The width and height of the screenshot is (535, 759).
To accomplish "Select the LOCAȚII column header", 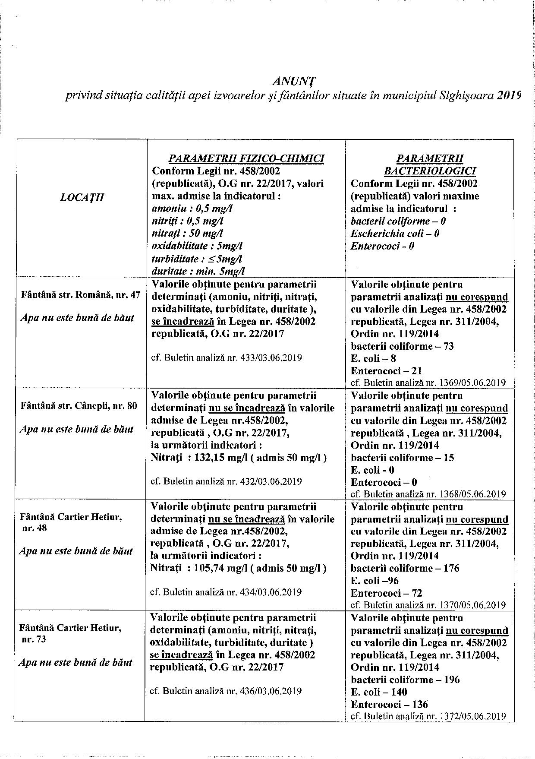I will (x=82, y=198).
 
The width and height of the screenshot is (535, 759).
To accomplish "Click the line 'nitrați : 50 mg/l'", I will (x=187, y=234).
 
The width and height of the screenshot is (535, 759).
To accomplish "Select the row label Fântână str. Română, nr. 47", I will (x=81, y=295).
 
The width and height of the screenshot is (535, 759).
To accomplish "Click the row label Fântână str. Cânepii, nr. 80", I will (x=79, y=406).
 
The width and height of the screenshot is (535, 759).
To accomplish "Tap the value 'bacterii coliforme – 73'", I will (x=402, y=346).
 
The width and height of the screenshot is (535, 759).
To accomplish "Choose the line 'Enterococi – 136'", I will (x=389, y=705).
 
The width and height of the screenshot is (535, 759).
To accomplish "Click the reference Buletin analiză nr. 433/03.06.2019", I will (x=226, y=358).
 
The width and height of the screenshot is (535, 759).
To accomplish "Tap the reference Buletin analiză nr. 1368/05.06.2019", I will (x=428, y=494).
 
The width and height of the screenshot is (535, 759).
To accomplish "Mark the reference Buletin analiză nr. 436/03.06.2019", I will (x=226, y=691).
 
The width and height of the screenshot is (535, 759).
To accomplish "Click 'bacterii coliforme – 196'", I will (x=405, y=680).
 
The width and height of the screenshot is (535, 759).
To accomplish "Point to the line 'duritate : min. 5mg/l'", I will (x=198, y=271).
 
